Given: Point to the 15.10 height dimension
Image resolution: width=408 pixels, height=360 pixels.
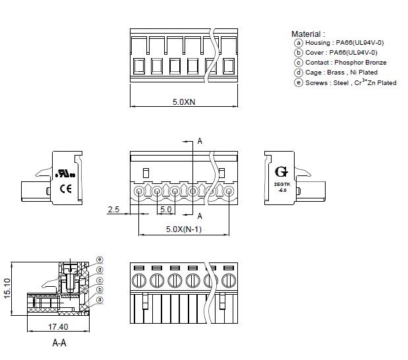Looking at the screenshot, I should point(7,289).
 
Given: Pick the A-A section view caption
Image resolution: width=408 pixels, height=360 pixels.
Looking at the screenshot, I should point(59,343).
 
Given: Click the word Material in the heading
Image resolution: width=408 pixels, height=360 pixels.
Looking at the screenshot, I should point(306,34).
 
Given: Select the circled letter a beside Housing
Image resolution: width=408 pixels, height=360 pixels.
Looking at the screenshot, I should point(299,42).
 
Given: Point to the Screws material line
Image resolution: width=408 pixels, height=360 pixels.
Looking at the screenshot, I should point(350,83).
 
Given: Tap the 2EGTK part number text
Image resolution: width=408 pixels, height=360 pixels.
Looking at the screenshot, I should point(282,184).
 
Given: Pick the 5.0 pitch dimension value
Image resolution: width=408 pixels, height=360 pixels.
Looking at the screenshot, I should point(165,209).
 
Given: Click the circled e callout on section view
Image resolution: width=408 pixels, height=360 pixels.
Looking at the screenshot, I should point(100,258).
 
